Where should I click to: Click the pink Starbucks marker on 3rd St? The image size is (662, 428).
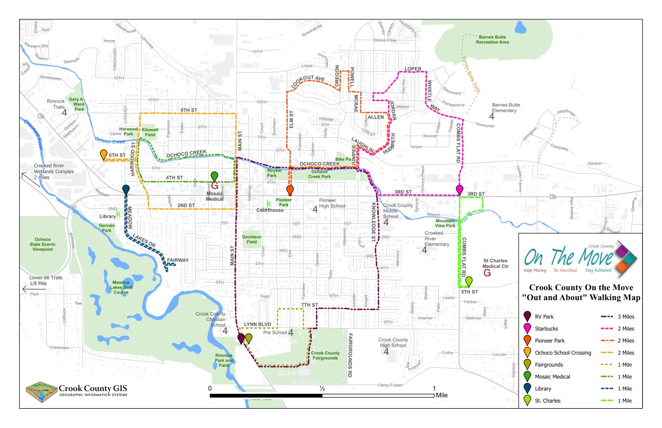pos(460,189)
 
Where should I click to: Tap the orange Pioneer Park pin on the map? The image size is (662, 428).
pos(290,190)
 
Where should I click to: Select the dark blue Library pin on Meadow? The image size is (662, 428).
pos(126,189)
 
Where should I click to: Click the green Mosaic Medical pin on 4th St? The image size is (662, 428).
pos(215,176)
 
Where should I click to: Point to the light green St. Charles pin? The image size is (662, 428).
pos(468,281)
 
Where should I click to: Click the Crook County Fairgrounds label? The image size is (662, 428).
pos(325,355)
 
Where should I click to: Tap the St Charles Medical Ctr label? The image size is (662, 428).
pos(499,263)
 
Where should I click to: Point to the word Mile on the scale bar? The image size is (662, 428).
pos(441,395)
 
